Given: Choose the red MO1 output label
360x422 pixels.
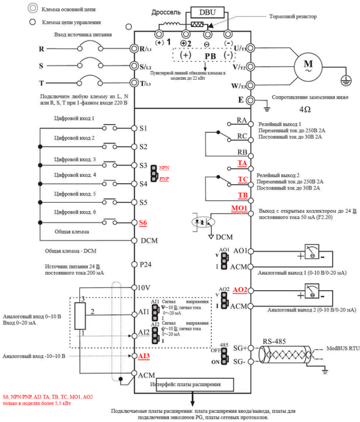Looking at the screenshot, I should tap(239, 208).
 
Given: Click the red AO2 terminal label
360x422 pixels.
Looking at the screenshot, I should tap(238, 290).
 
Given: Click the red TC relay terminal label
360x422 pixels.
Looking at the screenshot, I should tap(242, 179).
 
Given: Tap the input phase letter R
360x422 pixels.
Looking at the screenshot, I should tap(41, 49).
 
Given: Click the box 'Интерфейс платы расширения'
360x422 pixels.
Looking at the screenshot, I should tap(192, 384).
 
